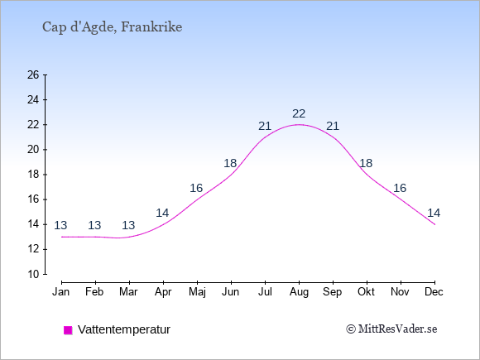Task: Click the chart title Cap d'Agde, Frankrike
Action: [112, 27]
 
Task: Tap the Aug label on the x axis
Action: [299, 292]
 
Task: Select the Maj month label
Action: [197, 292]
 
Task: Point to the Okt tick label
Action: [366, 292]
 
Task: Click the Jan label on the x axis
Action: [61, 292]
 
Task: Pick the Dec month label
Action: [434, 292]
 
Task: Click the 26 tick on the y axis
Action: [33, 74]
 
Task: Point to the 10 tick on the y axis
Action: [33, 274]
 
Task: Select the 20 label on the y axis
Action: [33, 150]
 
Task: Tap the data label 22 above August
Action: [299, 113]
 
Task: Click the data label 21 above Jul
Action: [265, 126]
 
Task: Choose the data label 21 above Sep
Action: [333, 126]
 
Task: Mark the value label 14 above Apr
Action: [162, 213]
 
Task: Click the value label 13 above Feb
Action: [94, 225]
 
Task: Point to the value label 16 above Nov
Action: [400, 188]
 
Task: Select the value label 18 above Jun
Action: [230, 163]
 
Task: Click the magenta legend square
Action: [68, 330]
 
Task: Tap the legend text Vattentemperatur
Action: [124, 329]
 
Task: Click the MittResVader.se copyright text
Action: [391, 329]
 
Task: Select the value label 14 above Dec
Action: [434, 213]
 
